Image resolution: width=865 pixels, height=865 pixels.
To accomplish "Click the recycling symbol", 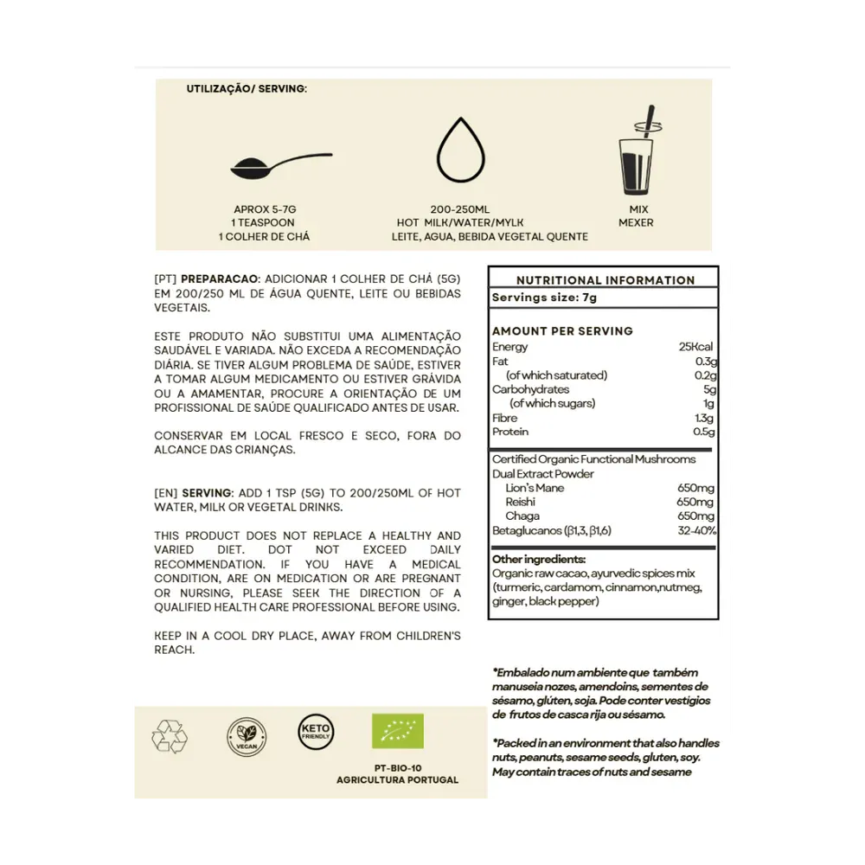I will (170, 735).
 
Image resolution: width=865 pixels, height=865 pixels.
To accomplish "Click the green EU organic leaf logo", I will (397, 732).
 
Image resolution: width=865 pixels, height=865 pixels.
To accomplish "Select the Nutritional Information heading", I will (605, 280).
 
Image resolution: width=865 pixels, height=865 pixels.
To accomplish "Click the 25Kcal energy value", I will (697, 347).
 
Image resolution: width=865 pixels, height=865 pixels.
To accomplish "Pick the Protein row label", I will (510, 432).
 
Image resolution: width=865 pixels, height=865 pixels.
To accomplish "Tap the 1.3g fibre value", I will (704, 418).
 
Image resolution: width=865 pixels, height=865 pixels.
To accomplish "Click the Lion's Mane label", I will (535, 488).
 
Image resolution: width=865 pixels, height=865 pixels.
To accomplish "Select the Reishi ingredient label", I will (521, 502).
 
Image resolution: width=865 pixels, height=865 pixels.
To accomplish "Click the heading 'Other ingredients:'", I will (539, 559).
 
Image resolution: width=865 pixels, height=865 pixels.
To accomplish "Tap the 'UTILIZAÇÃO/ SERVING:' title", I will (247, 88).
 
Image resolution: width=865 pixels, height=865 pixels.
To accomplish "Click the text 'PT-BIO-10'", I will (397, 766).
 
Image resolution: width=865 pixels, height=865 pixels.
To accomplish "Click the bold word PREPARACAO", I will (220, 280).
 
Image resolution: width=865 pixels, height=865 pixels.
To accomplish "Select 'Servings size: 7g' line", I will (544, 297).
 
